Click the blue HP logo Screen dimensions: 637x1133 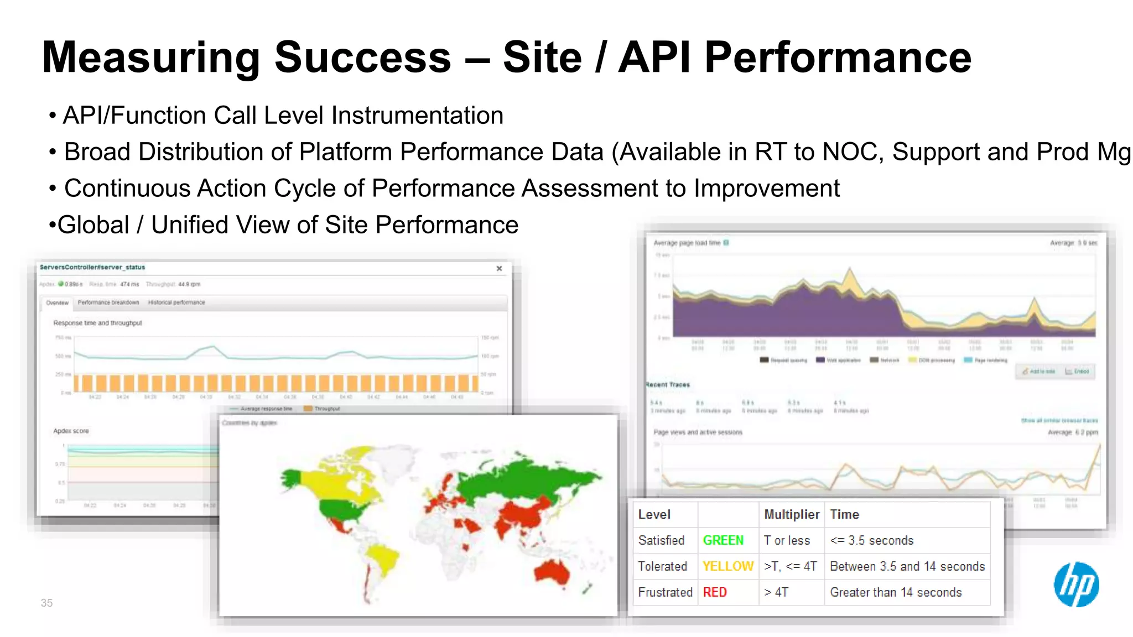[1076, 584]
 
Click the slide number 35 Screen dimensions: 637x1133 [46, 603]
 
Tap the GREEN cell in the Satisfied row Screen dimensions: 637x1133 [723, 540]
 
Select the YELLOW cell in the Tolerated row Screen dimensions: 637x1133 [727, 566]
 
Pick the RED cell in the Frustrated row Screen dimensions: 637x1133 [715, 592]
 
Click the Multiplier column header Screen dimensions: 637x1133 [791, 514]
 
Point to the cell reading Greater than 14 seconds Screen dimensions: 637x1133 [896, 592]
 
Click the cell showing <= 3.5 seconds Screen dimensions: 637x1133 [872, 540]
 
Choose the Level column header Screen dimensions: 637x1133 [654, 514]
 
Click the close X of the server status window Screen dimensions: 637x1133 [499, 268]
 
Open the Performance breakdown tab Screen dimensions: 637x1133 [108, 302]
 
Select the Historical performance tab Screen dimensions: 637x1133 [176, 302]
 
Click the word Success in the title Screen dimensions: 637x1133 [363, 58]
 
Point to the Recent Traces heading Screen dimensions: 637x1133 [668, 384]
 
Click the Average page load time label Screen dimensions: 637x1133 [687, 243]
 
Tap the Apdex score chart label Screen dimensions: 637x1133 [71, 431]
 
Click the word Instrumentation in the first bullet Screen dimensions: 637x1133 [417, 116]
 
